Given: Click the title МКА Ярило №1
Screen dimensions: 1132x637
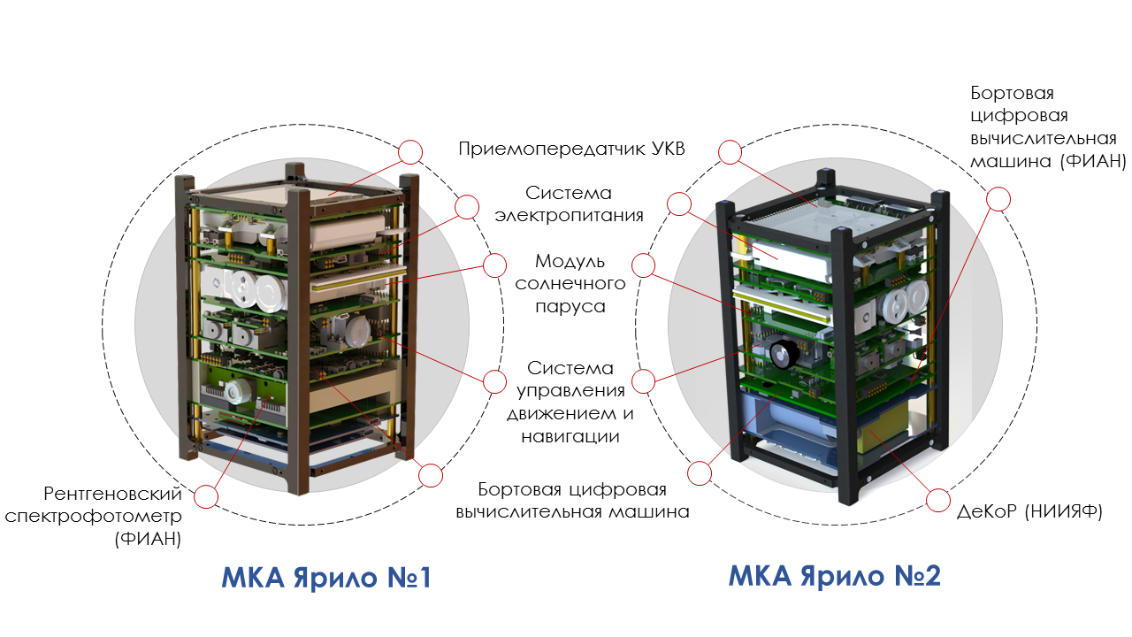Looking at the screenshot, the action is pos(325,578).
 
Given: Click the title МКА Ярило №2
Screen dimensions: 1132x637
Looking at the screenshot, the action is pos(834,576).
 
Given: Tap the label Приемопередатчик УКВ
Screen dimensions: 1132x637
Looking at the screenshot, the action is pos(572,148).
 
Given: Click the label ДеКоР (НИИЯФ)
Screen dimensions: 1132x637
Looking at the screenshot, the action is pos(1030,511).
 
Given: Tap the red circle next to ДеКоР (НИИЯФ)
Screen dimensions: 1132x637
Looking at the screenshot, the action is pos(938,501).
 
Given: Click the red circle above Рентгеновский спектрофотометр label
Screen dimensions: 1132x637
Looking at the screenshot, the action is pos(205,496).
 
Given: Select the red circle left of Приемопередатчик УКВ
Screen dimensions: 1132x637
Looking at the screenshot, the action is pos(410,152).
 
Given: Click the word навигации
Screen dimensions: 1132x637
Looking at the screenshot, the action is pos(569,436).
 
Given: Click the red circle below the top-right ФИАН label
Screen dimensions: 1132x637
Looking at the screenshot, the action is pos(998,199).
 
